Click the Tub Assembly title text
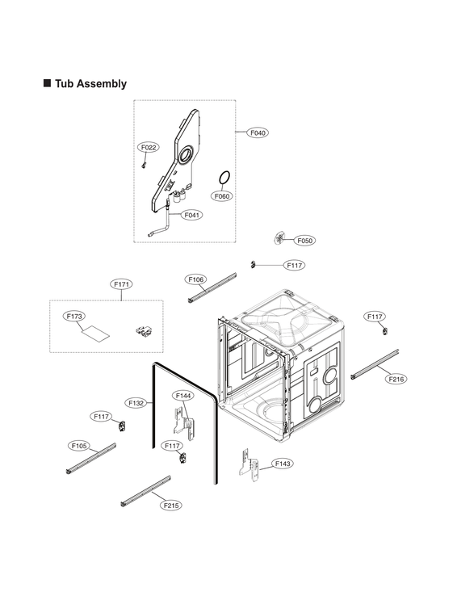(90, 84)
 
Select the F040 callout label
(258, 132)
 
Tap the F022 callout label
(149, 148)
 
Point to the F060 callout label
(222, 196)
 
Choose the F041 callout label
(192, 215)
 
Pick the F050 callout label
(305, 241)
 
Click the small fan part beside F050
(280, 237)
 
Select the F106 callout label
(196, 279)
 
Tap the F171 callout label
(122, 284)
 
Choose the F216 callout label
(396, 379)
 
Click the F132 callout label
(136, 402)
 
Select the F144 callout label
(183, 396)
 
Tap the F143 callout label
(283, 464)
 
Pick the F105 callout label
(79, 445)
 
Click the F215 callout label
(170, 505)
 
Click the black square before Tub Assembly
(47, 84)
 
